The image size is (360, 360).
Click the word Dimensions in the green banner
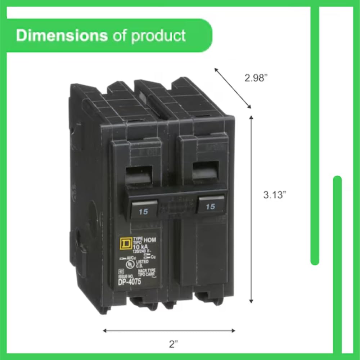click(62, 36)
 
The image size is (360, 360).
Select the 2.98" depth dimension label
click(257, 78)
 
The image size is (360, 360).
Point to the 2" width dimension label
click(174, 344)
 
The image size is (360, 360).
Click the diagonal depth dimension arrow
click(233, 88)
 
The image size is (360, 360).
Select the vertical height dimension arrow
click(251, 209)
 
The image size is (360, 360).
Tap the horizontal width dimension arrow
click(169, 330)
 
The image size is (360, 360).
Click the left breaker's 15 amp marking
click(143, 212)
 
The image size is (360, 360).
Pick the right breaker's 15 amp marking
click(210, 206)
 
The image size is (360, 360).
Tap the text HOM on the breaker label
click(150, 240)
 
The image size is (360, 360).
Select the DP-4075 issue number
click(130, 282)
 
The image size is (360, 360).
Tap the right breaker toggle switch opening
click(206, 170)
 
